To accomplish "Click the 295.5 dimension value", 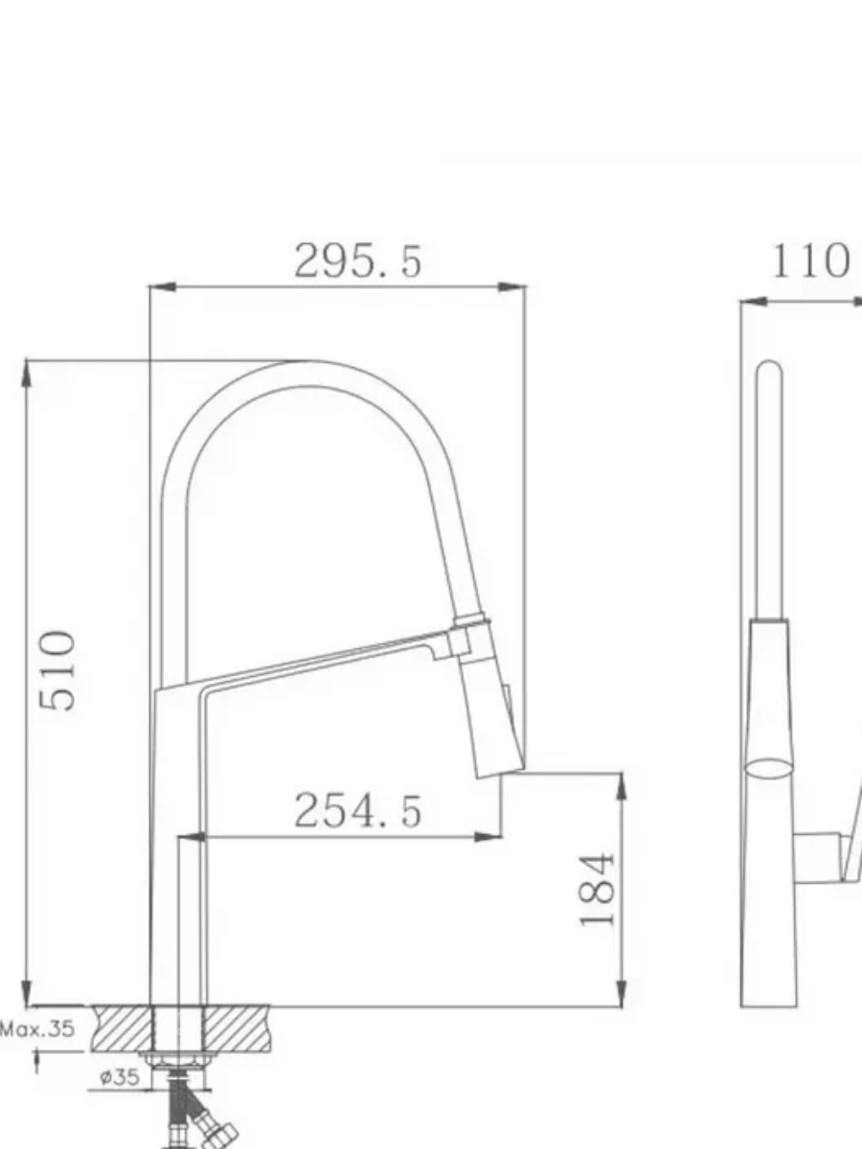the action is [358, 260].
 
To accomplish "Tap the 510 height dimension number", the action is [58, 670].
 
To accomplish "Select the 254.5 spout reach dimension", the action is [358, 810].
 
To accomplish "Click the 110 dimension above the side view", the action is [810, 260].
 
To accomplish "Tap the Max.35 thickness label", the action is [37, 1028].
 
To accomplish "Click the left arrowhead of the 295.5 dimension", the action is [163, 287].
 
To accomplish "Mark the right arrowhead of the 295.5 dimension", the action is [511, 287].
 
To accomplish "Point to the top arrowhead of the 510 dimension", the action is [27, 373].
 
